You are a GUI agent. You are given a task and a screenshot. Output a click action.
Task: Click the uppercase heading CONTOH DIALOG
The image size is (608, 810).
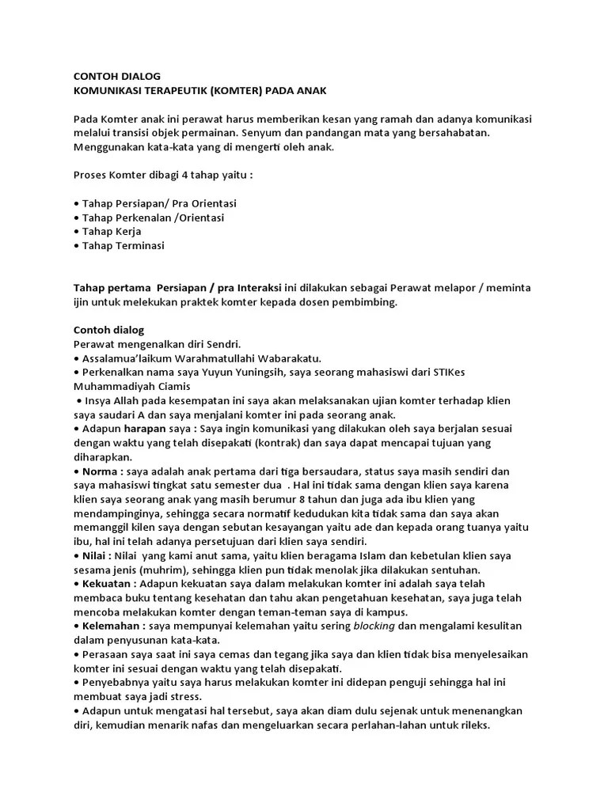(116, 77)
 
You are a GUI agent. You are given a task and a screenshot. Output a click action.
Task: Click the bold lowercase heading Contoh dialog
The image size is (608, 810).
(108, 330)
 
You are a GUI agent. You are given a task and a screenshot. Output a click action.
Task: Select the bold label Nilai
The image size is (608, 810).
(96, 556)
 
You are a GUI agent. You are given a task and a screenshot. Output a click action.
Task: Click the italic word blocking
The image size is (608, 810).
(374, 626)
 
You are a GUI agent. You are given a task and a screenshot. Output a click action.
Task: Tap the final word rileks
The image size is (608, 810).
(472, 725)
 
